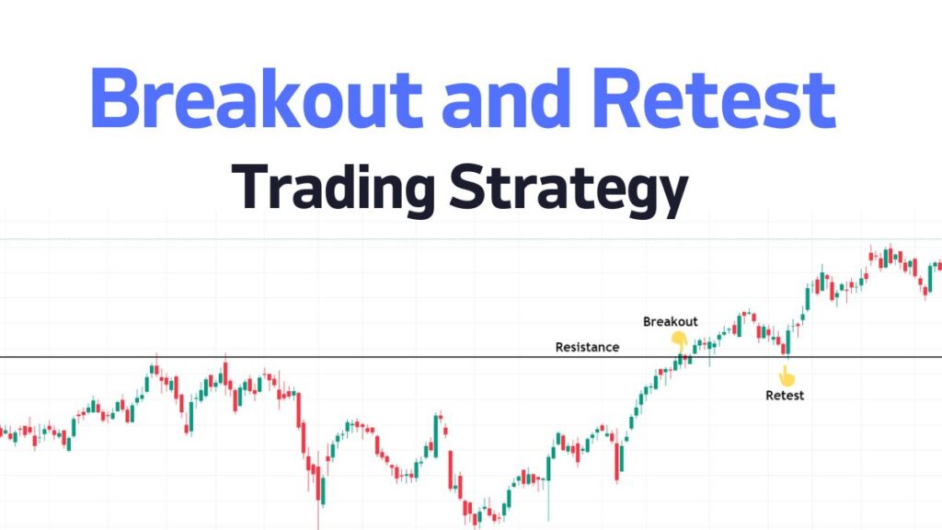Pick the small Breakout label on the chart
click(x=670, y=322)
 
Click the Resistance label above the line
click(x=587, y=347)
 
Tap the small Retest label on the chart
click(x=785, y=396)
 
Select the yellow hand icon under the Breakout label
click(x=679, y=340)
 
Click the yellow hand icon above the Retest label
click(x=785, y=375)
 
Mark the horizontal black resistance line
click(x=276, y=357)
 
